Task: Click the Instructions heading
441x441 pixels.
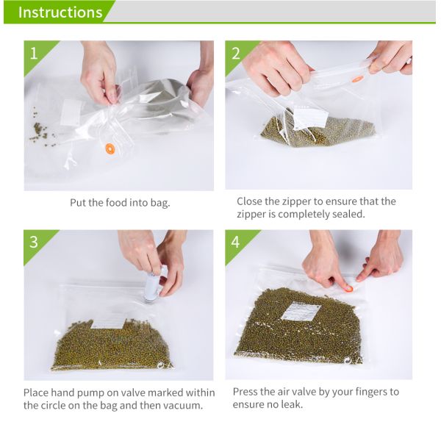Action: [x=60, y=12]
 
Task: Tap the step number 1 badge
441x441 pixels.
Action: [x=34, y=52]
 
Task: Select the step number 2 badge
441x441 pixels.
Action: [x=236, y=53]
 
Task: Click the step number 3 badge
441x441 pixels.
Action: [x=34, y=242]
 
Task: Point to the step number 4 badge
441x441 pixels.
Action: [x=236, y=242]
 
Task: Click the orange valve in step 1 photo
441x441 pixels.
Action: [x=110, y=148]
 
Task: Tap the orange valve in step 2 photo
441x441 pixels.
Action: [x=357, y=79]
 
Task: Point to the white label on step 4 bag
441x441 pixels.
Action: [x=301, y=312]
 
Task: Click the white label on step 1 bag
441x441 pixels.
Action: [x=71, y=112]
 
